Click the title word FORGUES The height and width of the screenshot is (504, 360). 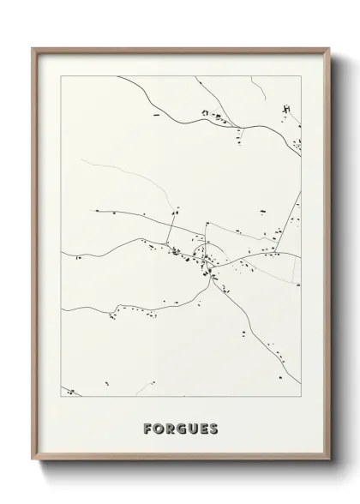[181, 428]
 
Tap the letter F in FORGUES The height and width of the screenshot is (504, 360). [147, 428]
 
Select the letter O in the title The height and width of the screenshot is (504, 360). [158, 428]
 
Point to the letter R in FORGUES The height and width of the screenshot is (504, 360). [170, 428]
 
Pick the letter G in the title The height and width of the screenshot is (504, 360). [181, 428]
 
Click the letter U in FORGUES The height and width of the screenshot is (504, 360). [193, 428]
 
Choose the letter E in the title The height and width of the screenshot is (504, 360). [204, 428]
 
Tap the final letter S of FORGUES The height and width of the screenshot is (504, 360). [214, 428]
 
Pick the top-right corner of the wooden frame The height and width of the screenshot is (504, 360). [329, 48]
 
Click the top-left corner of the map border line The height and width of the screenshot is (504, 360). [62, 76]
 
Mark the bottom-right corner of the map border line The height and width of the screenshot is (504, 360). [302, 398]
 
